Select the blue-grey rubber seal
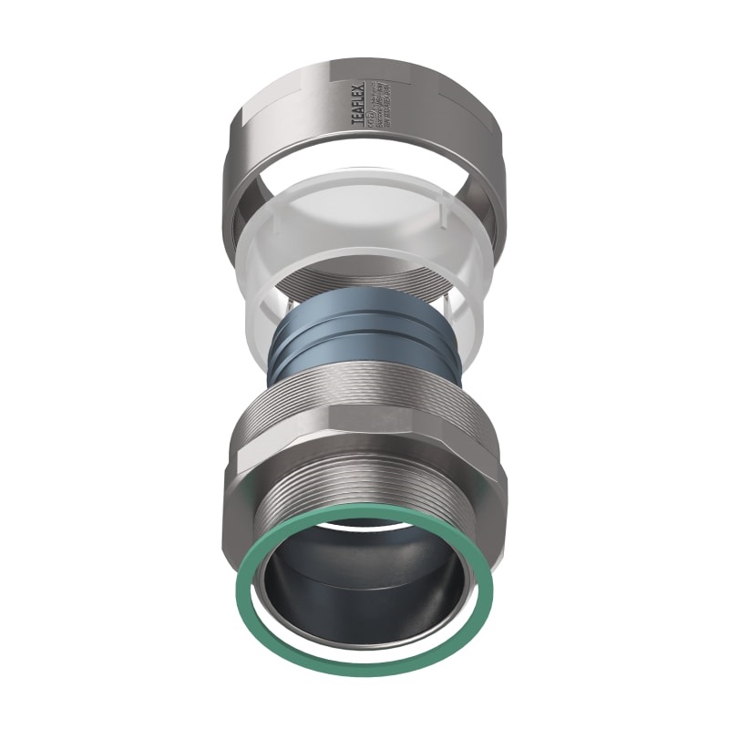(x=364, y=337)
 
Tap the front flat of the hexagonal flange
(x=364, y=447)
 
